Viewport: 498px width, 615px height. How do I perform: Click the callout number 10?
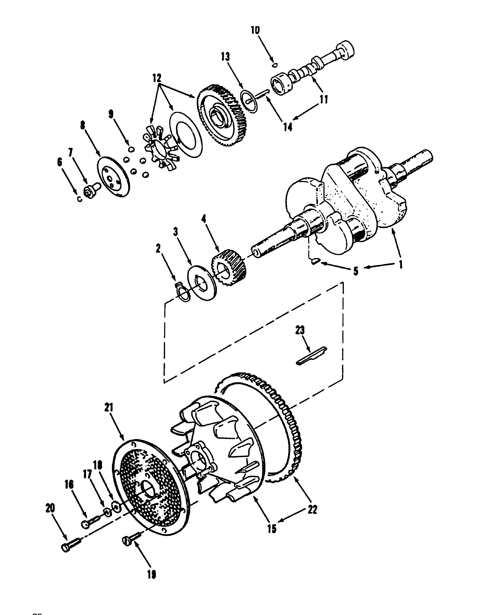[255, 30]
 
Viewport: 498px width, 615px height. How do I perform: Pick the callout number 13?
[226, 57]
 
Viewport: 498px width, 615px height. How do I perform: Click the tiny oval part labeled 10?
[275, 65]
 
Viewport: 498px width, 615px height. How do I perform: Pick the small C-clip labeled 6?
[79, 199]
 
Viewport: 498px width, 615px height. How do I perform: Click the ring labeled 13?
[248, 98]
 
